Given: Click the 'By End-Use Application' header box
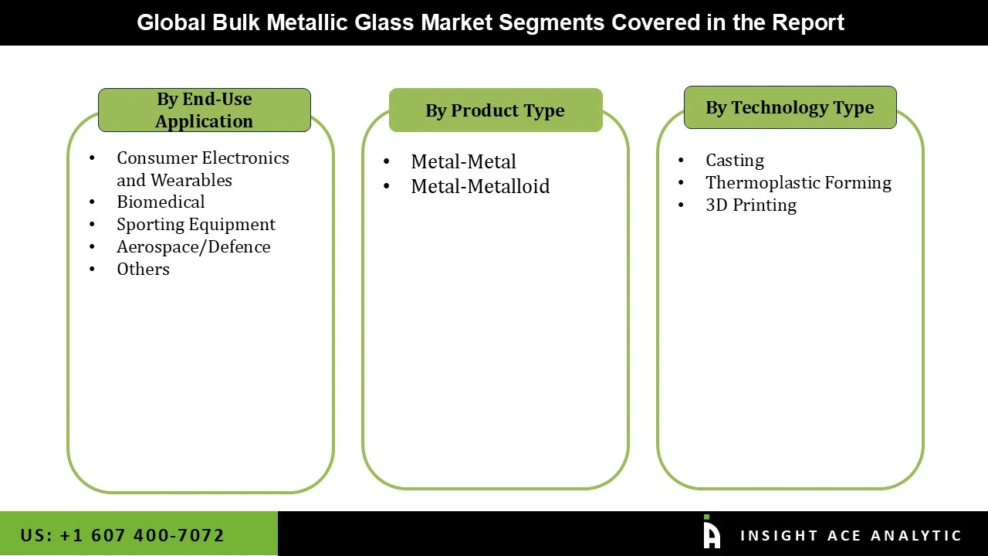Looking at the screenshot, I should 205,110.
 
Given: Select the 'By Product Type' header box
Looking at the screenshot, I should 495,110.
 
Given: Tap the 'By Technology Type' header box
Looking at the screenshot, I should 790,107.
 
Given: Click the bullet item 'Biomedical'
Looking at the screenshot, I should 161,202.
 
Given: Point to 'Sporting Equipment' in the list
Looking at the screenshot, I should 195,225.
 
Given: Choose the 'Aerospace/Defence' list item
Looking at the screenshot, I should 193,247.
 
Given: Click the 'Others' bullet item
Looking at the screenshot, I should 143,270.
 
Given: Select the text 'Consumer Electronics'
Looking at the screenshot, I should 202,158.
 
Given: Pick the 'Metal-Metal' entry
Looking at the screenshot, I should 463,162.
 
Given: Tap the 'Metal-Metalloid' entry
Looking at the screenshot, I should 480,187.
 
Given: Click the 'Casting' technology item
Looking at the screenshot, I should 734,161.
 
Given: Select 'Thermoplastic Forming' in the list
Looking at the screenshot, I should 798,183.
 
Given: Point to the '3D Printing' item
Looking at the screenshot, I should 750,205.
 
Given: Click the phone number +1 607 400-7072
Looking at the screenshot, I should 141,535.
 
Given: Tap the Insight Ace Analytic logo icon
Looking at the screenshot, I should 711,533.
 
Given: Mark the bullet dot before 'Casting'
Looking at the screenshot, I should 681,161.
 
